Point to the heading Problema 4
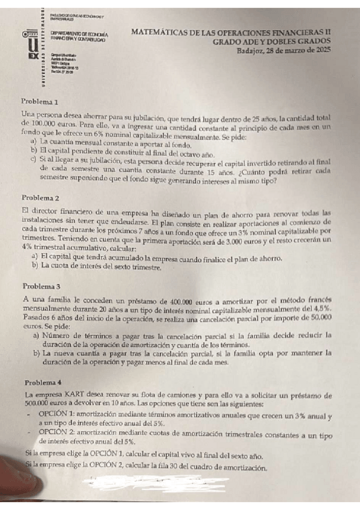[44, 382]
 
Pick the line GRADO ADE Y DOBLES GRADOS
[272, 41]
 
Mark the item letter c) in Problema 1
[34, 160]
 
